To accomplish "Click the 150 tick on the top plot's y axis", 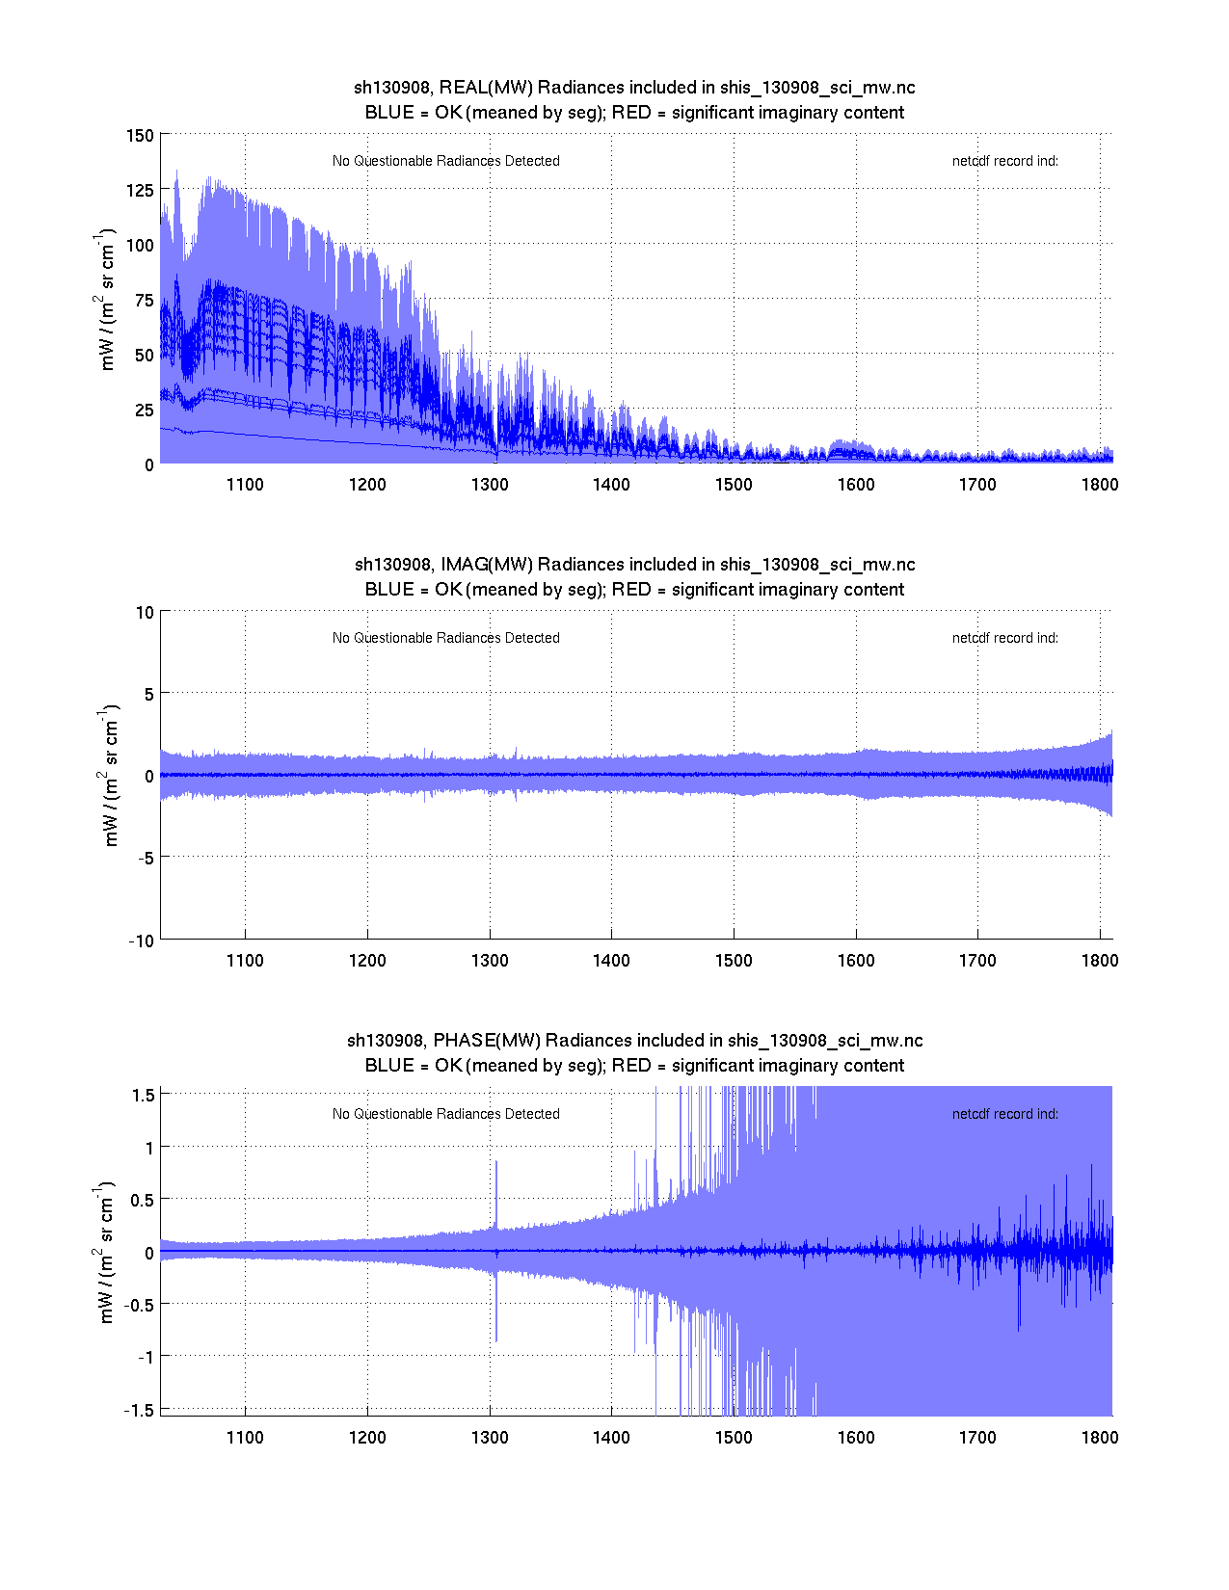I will [140, 135].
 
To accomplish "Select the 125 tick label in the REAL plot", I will [140, 190].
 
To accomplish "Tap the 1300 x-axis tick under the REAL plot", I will [490, 485].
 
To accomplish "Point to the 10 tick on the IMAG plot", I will [145, 612].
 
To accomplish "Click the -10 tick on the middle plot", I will [141, 941].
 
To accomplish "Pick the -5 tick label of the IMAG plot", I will [144, 859].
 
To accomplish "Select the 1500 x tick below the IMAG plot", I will [734, 961].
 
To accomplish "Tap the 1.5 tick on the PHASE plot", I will [144, 1095].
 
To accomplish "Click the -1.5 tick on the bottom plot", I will [140, 1410].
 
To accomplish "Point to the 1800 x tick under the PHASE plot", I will [1100, 1438].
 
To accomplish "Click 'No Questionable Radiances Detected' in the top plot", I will [446, 161].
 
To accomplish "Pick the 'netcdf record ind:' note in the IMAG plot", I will [1005, 638].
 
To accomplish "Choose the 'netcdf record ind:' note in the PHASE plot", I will [1005, 1114].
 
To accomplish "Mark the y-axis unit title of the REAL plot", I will [107, 299].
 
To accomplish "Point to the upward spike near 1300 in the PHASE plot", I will [496, 1190].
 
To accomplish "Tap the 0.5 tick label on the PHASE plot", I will [142, 1200].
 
